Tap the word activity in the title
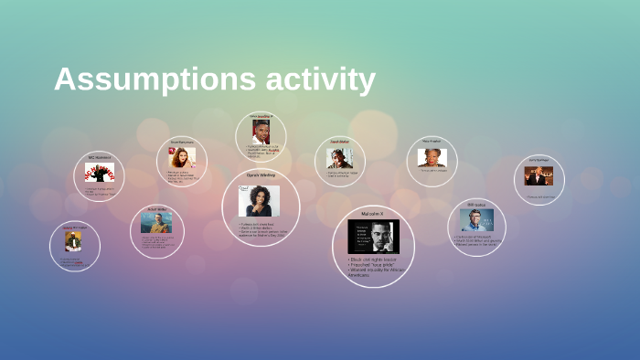click(x=320, y=79)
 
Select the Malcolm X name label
click(x=373, y=213)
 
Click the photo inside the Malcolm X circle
click(x=373, y=236)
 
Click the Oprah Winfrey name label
click(x=261, y=175)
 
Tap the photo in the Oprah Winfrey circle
click(x=259, y=200)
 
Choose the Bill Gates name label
click(x=476, y=205)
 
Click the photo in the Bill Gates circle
click(x=476, y=220)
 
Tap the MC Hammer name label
click(x=99, y=157)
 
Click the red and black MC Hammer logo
click(x=99, y=172)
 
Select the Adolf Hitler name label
click(x=157, y=209)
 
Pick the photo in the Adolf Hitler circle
click(x=157, y=223)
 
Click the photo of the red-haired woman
click(x=181, y=158)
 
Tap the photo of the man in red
click(x=261, y=133)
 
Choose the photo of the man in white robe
click(x=72, y=242)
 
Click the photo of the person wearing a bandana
click(x=340, y=158)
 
